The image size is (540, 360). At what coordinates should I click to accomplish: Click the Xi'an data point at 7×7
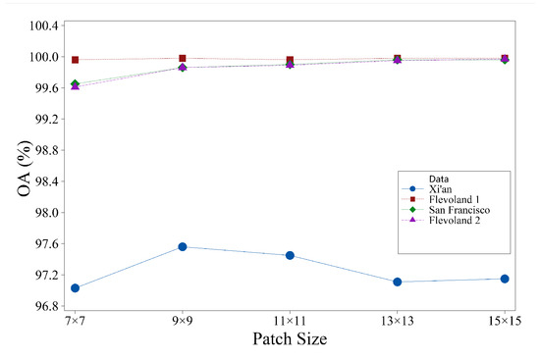(x=75, y=287)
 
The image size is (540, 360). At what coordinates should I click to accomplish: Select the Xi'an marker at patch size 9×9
(x=183, y=246)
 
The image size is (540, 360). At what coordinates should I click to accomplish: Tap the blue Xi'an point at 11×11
(x=290, y=255)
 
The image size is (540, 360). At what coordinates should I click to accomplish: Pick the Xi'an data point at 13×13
(x=397, y=282)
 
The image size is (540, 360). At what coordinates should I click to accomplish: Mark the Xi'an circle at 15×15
(x=505, y=279)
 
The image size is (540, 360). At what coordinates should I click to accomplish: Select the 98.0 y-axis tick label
(x=47, y=213)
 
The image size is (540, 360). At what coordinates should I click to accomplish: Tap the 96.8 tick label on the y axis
(x=47, y=306)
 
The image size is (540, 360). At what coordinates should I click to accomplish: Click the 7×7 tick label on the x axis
(x=75, y=321)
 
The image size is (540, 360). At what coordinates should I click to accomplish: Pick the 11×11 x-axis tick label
(x=290, y=321)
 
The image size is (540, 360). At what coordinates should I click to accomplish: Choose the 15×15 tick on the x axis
(x=504, y=321)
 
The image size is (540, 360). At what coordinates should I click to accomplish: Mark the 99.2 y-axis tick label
(x=47, y=119)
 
